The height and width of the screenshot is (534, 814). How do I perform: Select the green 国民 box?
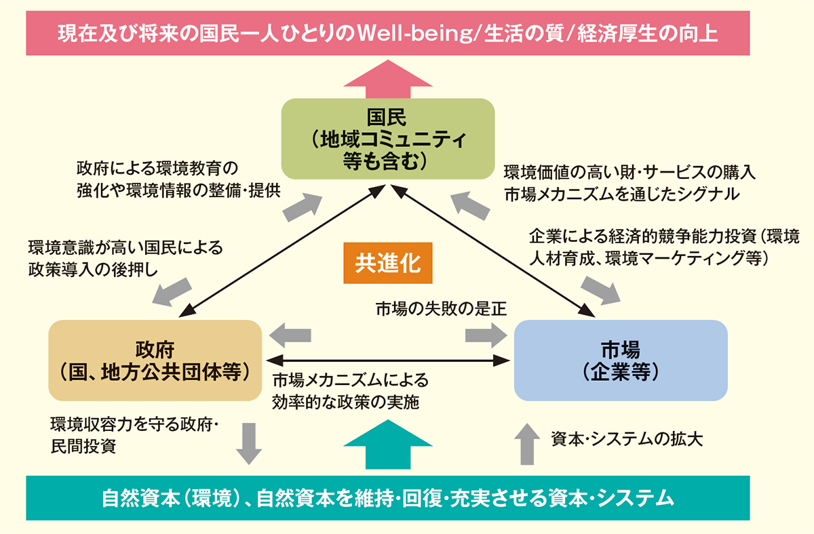387,140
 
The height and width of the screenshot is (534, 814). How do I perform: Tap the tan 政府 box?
155,360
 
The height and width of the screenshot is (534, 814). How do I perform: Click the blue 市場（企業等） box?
620,360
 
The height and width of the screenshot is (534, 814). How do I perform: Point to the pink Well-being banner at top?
387,33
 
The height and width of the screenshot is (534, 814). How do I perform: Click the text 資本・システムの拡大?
627,438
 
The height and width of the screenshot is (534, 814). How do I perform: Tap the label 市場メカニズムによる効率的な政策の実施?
349,391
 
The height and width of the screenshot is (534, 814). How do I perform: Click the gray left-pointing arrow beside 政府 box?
290,335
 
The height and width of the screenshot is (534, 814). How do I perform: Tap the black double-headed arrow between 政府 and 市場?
387,360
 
